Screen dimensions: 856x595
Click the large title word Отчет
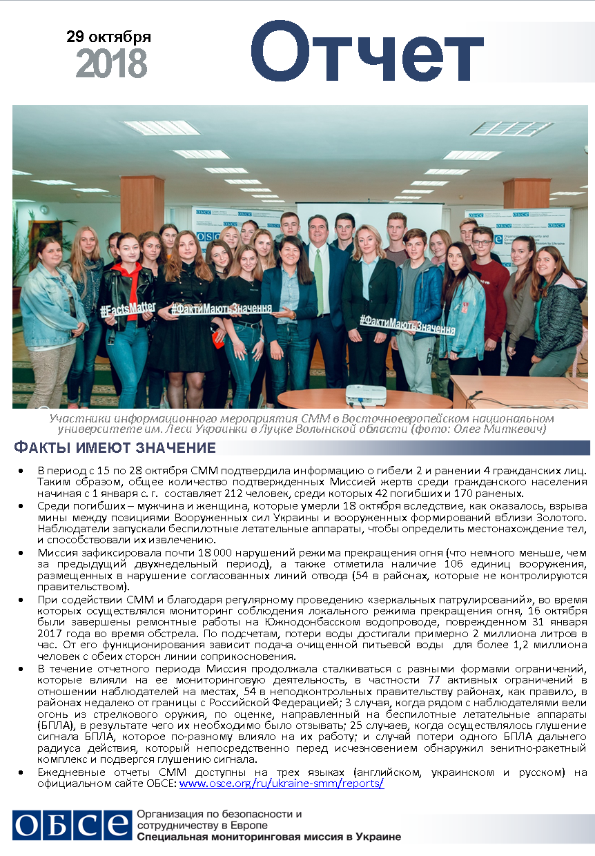[x=366, y=54]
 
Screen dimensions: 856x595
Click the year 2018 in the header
[x=111, y=64]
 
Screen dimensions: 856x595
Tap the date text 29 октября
[x=108, y=37]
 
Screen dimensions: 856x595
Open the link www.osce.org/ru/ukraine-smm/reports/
[x=281, y=784]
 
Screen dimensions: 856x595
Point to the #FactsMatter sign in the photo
[x=127, y=310]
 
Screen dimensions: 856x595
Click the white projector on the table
[x=364, y=395]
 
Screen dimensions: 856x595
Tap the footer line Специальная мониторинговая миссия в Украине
[x=269, y=837]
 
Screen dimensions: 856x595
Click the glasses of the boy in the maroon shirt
[x=482, y=240]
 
